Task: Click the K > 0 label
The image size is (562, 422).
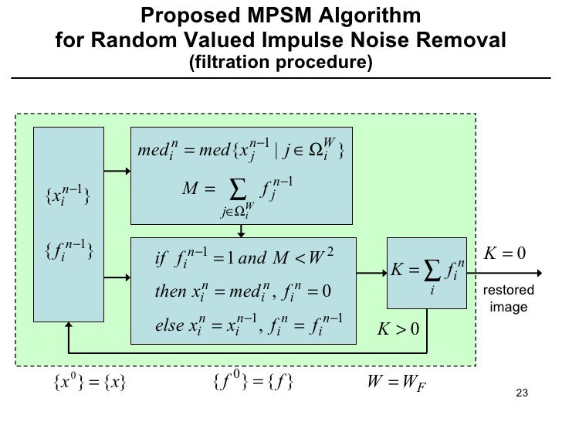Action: (x=397, y=331)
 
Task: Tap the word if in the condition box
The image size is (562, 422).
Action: (x=161, y=258)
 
